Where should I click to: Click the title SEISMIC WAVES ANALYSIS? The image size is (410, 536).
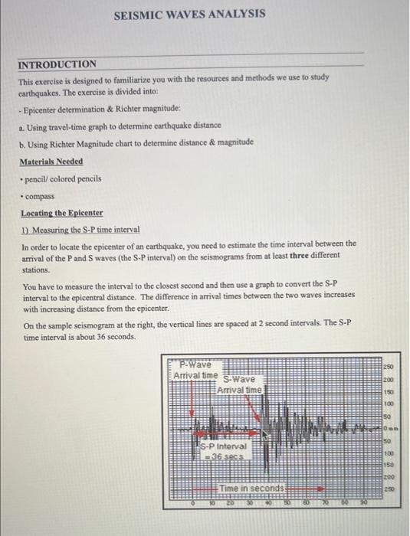[189, 14]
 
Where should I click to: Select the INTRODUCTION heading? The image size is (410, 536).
[57, 64]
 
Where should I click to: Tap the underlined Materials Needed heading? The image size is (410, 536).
[52, 162]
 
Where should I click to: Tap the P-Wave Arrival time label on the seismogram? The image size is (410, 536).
[196, 370]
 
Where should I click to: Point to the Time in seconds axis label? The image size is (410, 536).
[252, 488]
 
